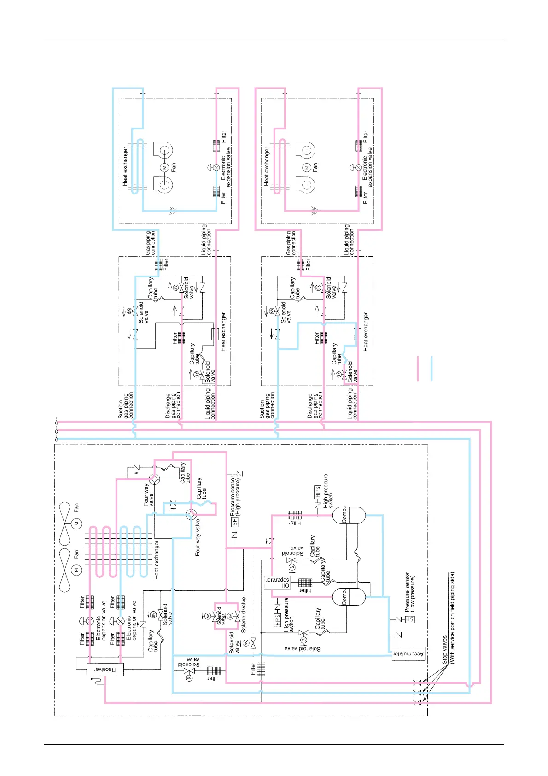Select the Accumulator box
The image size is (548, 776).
408,654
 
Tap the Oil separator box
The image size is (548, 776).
278,582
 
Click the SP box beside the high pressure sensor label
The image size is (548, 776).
234,522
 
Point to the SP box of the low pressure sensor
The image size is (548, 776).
410,619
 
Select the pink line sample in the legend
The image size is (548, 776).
418,368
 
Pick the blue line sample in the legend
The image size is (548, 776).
431,368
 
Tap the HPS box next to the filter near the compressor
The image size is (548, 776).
317,492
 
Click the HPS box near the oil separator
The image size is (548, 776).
277,620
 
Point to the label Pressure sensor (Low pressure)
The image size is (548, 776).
409,592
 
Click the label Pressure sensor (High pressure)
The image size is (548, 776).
235,494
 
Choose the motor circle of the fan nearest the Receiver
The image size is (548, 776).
76,570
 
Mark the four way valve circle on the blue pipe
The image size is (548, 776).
191,514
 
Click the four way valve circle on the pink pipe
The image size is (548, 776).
155,479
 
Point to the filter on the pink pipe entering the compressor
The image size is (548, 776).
295,515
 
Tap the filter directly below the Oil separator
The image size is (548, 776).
305,582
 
